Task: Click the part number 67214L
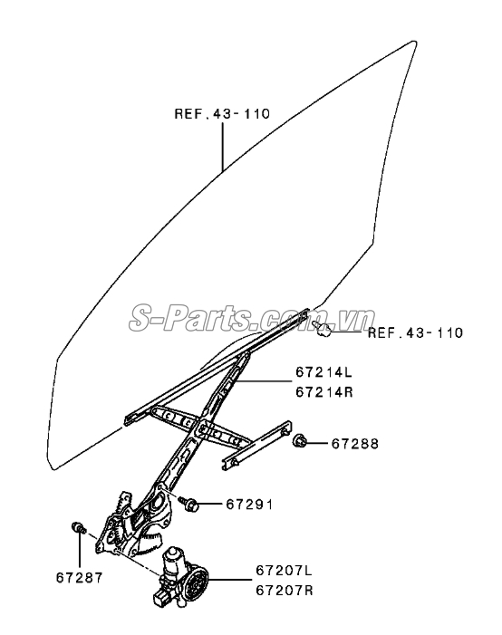[324, 371]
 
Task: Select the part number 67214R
[324, 392]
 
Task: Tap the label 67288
[355, 444]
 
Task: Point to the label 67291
[249, 505]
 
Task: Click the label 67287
[80, 578]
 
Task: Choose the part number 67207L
[284, 571]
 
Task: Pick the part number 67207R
[284, 591]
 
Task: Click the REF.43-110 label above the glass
[222, 114]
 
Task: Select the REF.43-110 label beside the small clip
[415, 332]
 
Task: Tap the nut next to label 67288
[299, 440]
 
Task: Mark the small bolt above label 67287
[78, 528]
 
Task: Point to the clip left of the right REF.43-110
[322, 329]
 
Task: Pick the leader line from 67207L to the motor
[229, 580]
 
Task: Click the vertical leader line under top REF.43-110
[222, 147]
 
